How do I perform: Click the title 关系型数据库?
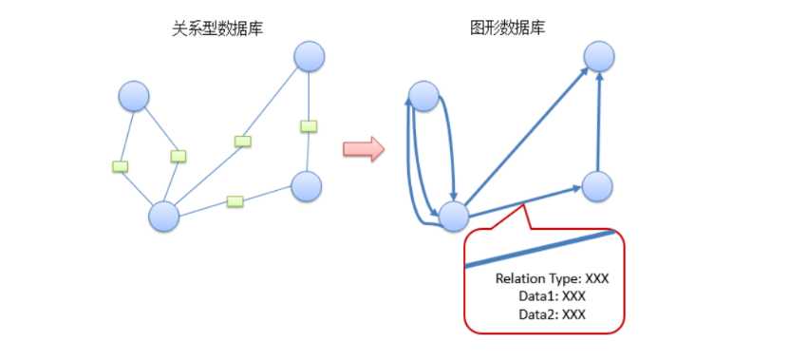(x=212, y=29)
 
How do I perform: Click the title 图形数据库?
(x=508, y=29)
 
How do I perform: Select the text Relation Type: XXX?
(x=552, y=279)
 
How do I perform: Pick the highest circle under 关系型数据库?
(x=310, y=56)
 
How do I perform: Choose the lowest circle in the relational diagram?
(x=164, y=217)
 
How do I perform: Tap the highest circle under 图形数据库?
(x=598, y=56)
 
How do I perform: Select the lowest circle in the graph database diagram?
(x=454, y=217)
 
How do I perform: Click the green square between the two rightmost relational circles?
(x=308, y=125)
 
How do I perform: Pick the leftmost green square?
(x=120, y=166)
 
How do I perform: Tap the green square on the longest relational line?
(x=243, y=142)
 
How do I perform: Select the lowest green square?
(x=235, y=200)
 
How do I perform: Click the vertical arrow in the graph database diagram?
(x=598, y=123)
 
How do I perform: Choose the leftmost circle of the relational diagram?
(x=134, y=96)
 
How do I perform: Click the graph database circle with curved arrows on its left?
(x=423, y=96)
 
